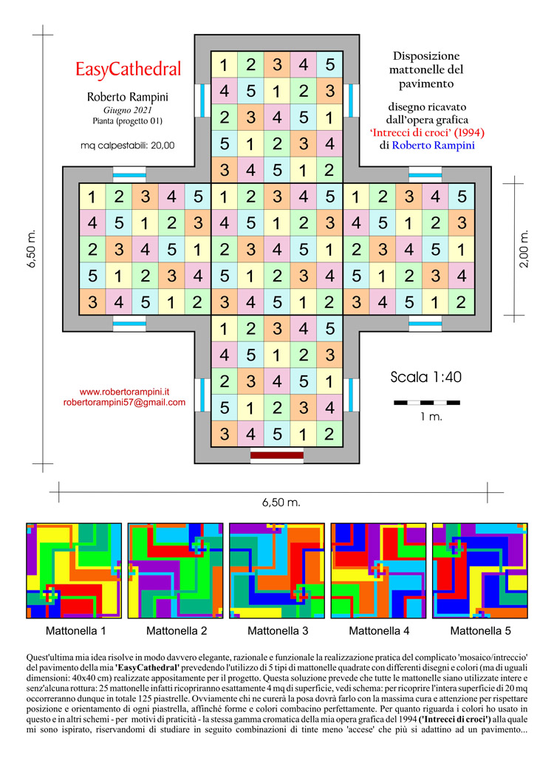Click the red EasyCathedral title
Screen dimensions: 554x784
tap(128, 69)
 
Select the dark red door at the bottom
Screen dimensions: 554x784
tap(277, 455)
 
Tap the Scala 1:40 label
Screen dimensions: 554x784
tap(426, 377)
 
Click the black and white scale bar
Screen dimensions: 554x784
tap(426, 403)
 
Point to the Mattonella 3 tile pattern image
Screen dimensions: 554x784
tap(277, 570)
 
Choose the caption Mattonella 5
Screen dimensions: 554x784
tap(480, 631)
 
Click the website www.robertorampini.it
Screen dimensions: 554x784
tap(125, 392)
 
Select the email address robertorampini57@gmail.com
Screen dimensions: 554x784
tap(125, 403)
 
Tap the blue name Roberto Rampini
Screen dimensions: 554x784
tap(433, 146)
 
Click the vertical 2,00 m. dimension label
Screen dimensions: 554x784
tap(524, 249)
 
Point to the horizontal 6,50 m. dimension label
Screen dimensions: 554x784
tap(281, 502)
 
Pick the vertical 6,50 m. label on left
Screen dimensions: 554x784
tap(32, 249)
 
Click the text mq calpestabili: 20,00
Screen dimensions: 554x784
tap(128, 146)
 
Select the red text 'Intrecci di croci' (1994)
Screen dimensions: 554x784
tap(427, 132)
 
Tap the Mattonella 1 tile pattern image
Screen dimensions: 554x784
tap(74, 570)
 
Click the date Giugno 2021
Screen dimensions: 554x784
tap(128, 110)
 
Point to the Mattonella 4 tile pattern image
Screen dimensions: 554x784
tap(378, 570)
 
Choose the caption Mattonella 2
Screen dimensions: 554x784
tap(177, 631)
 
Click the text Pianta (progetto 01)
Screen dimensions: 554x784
tap(128, 121)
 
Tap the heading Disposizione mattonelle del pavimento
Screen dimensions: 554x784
tap(426, 69)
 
